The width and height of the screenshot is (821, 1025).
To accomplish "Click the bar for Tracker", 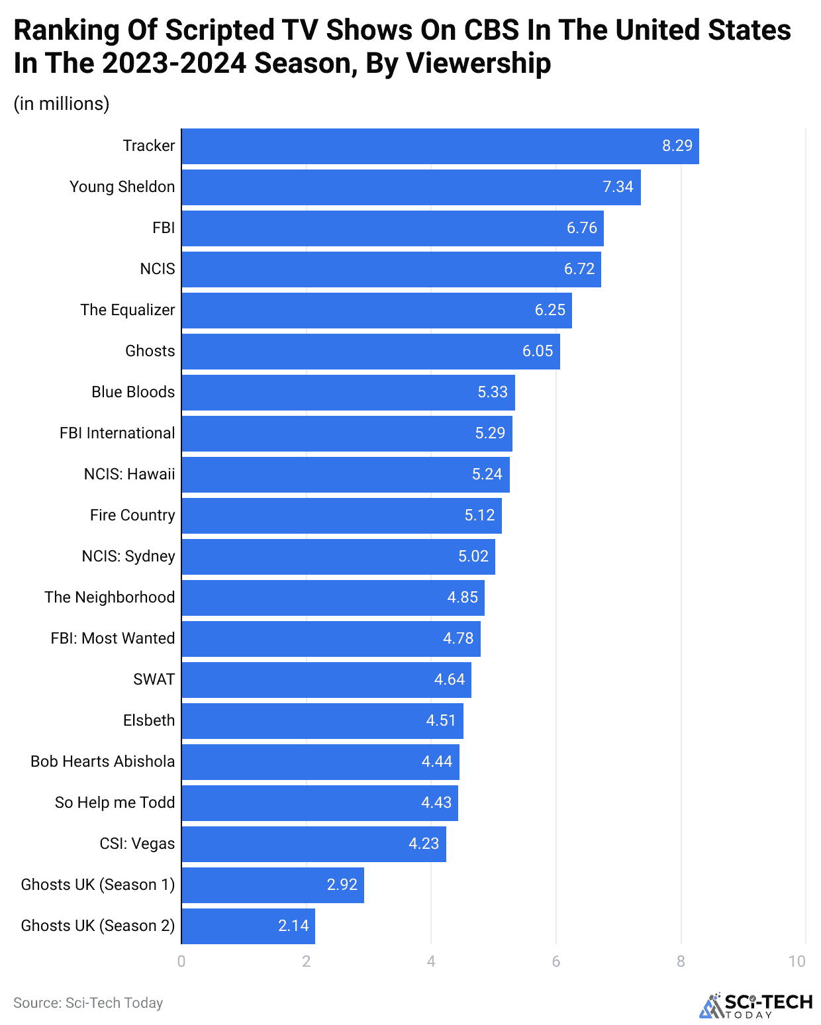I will [x=440, y=146].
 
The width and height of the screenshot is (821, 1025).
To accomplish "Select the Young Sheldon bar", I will [x=410, y=187].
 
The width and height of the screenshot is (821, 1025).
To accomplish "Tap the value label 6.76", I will [x=581, y=228].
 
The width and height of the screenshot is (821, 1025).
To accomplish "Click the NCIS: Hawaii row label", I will [x=129, y=474].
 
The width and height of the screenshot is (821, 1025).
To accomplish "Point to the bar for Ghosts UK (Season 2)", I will [x=248, y=926].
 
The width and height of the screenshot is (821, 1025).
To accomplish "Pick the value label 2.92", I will [x=342, y=885].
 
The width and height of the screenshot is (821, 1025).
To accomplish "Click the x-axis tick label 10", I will [x=797, y=961].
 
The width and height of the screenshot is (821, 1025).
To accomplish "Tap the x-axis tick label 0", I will [x=181, y=961].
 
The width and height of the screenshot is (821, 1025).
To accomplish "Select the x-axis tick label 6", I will [x=556, y=961].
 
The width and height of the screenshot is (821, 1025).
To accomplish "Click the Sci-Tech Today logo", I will [x=756, y=1005].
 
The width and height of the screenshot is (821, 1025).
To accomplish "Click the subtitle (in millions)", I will [x=62, y=104].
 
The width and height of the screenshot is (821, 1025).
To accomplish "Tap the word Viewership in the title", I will [x=478, y=64].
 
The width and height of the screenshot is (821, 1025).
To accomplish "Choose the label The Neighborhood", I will [x=110, y=597].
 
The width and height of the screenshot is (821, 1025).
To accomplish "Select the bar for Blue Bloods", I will [x=348, y=393].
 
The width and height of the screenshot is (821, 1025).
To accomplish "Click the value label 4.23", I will [x=424, y=844].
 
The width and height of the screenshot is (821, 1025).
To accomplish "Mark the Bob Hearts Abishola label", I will [x=103, y=761].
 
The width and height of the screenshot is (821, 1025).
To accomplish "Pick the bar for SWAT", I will [x=326, y=680].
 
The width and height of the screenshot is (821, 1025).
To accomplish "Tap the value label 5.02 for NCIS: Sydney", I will [x=473, y=556].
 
